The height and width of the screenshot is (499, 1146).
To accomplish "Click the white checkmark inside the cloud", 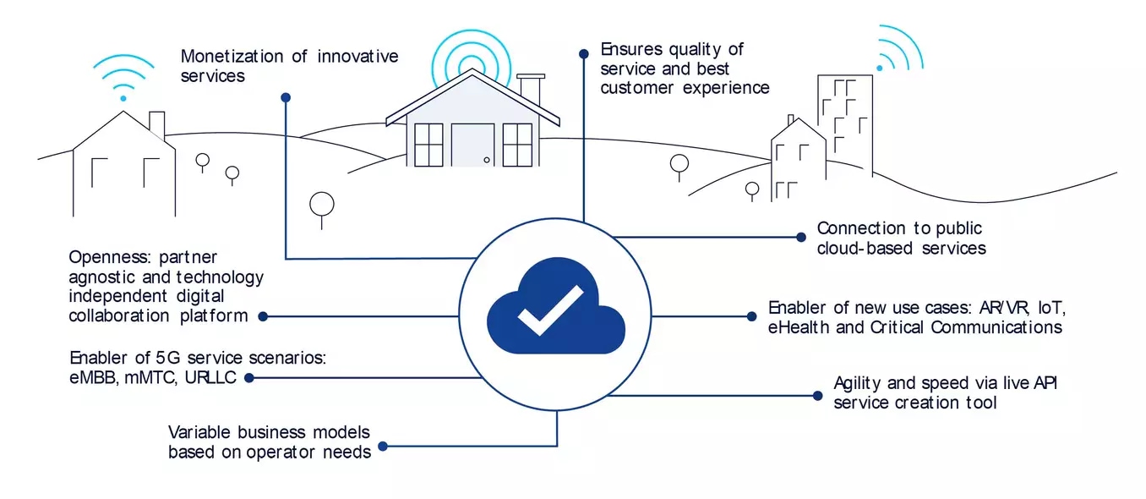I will pyautogui.click(x=550, y=310).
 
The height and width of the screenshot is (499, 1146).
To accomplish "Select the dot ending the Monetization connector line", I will pyautogui.click(x=286, y=96).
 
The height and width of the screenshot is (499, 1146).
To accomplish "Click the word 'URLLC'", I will pyautogui.click(x=211, y=377).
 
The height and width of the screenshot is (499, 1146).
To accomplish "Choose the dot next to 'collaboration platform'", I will pyautogui.click(x=263, y=316).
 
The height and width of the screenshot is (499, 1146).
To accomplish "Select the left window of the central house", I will pyautogui.click(x=428, y=145).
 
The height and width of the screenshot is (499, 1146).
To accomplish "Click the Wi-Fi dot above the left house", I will pyautogui.click(x=123, y=98).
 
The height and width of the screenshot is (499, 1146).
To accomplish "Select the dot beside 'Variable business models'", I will pyautogui.click(x=383, y=446).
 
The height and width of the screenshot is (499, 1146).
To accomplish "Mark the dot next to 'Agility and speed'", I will pyautogui.click(x=816, y=395).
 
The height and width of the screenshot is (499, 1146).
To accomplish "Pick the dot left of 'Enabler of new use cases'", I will pyautogui.click(x=751, y=316).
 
